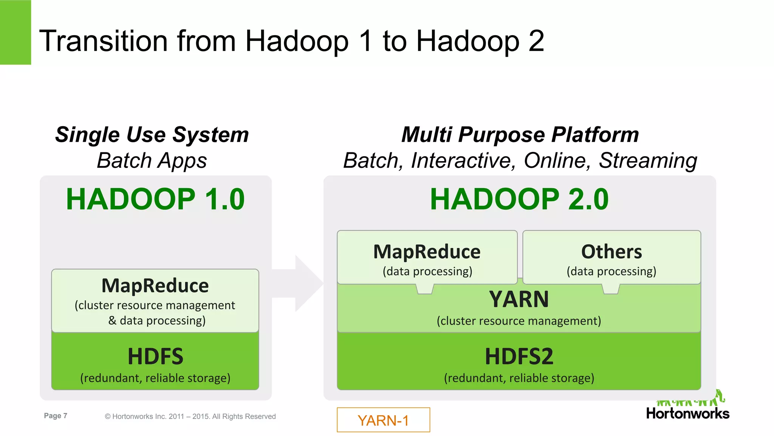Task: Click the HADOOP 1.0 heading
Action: coord(155,199)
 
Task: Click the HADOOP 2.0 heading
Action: coord(519,199)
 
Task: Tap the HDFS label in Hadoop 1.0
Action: coord(155,357)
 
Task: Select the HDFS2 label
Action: coord(519,357)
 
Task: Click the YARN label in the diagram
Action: coord(519,299)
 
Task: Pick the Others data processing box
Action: coord(611,258)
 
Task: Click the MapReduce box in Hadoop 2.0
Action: coord(427,258)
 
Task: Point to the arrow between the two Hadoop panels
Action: coord(302,283)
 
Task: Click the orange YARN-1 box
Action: coord(383,420)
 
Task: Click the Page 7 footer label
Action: coord(56,416)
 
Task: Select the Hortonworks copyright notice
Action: coord(190,416)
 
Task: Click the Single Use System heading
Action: coord(152,135)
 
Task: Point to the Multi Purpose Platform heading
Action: coord(520,135)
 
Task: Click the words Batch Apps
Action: coord(152,160)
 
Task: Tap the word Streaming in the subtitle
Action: coord(648,160)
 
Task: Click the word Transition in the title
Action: coord(103,41)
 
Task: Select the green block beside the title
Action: coord(15,32)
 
